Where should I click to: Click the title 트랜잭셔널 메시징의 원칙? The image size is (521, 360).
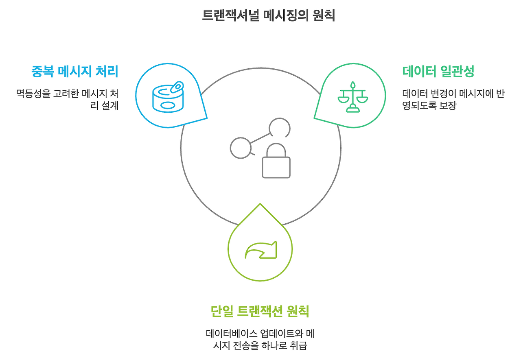pyautogui.click(x=268, y=15)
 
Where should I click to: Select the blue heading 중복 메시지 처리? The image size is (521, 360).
pyautogui.click(x=75, y=72)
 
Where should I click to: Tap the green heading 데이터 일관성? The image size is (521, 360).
pyautogui.click(x=438, y=72)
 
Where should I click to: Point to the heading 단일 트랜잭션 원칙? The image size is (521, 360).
pyautogui.click(x=260, y=312)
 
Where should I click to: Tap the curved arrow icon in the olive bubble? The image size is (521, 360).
pyautogui.click(x=260, y=250)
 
